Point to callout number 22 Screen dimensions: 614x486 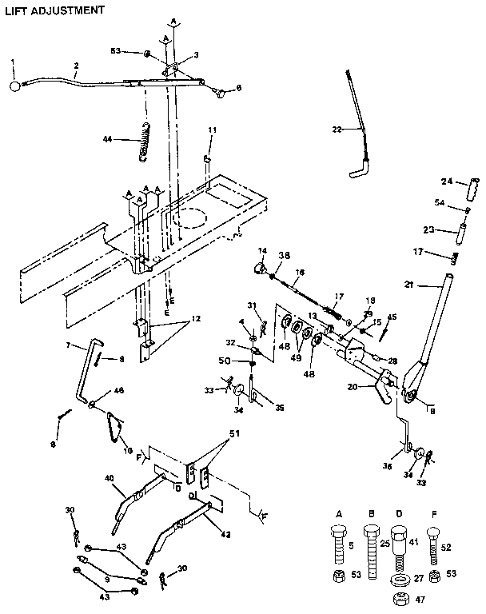coord(337,129)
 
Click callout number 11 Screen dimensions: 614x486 coord(212,130)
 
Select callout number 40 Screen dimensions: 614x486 coord(109,479)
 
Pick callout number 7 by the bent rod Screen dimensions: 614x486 coord(69,345)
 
